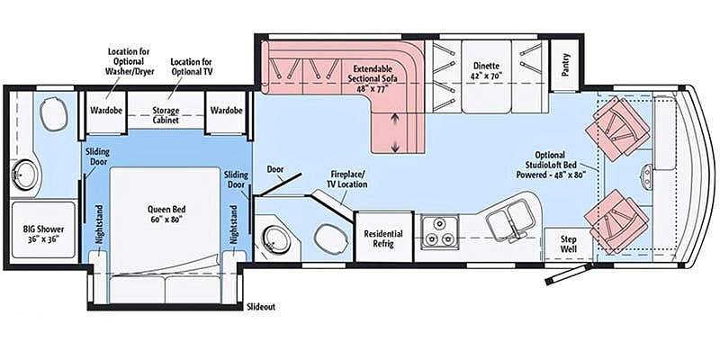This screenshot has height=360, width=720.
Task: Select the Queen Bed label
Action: (x=166, y=214)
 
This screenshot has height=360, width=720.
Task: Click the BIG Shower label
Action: (x=43, y=234)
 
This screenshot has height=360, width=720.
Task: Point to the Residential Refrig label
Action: (x=383, y=238)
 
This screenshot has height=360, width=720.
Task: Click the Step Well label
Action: (x=568, y=244)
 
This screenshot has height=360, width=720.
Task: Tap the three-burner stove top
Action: (x=440, y=232)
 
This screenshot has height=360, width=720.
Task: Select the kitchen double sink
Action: (x=508, y=220)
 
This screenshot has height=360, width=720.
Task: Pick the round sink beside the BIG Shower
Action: (x=20, y=175)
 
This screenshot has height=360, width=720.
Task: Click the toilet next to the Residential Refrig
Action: (x=329, y=238)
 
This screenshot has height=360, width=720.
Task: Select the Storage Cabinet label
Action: (x=166, y=116)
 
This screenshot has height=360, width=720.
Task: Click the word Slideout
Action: (x=261, y=307)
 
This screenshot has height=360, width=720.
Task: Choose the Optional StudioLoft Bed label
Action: (x=550, y=165)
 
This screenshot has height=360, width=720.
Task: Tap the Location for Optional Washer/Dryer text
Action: (x=129, y=61)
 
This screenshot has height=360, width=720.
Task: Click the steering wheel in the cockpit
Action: (x=646, y=175)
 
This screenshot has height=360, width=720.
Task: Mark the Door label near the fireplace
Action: (x=275, y=169)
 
